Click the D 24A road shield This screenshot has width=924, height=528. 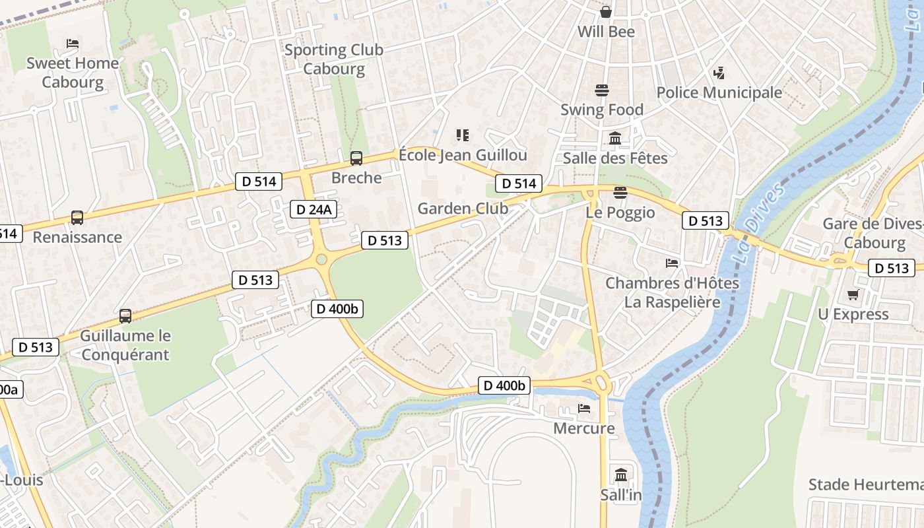coord(314,210)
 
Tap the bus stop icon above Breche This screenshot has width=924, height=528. coord(356,158)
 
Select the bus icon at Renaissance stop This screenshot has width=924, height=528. coord(77,217)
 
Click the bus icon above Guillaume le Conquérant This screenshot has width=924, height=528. coord(125,315)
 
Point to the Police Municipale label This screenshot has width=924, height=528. coord(719,92)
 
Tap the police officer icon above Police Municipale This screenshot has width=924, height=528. coord(719,73)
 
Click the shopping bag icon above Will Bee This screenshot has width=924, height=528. coord(605,12)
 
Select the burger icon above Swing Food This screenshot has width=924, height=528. coord(601,90)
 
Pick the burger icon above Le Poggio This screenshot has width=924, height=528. coord(620,193)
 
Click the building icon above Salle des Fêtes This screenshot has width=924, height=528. coord(615,138)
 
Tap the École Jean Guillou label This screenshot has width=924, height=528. coord(463,155)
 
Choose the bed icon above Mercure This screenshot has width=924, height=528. coord(583,409)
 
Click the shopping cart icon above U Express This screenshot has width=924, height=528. coord(853,294)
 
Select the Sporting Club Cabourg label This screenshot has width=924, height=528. coord(333,59)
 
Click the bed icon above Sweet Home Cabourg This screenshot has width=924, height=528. coord(73,44)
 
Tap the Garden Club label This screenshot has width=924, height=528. coord(463,209)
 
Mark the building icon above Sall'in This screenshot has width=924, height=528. coord(620,475)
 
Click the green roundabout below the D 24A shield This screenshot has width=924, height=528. coord(321,259)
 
